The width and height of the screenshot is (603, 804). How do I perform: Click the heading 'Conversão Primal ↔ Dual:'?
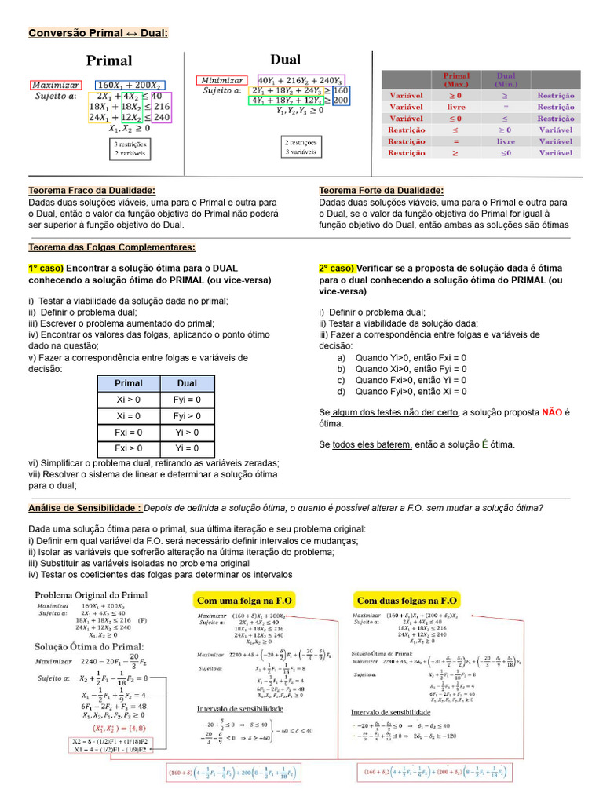(98, 33)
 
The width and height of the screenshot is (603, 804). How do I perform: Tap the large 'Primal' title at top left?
(109, 60)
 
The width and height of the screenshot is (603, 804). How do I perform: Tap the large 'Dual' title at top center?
(285, 60)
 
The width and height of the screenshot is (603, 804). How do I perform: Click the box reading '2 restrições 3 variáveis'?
(301, 147)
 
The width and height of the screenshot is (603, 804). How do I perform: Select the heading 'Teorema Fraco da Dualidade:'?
(92, 191)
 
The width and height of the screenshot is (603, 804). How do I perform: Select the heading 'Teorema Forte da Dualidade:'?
(381, 191)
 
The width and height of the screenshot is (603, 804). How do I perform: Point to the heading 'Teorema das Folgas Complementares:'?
(112, 247)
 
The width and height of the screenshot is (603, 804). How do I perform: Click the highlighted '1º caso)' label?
(46, 268)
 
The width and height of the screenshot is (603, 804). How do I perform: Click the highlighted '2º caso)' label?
(336, 268)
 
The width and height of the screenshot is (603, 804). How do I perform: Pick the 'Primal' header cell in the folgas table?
(129, 383)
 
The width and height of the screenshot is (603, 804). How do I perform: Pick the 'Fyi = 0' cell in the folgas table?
(187, 400)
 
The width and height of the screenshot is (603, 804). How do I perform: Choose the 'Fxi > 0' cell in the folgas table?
(129, 448)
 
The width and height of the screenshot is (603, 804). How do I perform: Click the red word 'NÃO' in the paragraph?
(552, 412)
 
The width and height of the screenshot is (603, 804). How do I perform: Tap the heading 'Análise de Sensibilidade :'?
(85, 508)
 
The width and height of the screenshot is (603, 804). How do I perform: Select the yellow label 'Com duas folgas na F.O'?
(406, 600)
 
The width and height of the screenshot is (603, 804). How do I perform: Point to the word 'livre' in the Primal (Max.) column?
(456, 107)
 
